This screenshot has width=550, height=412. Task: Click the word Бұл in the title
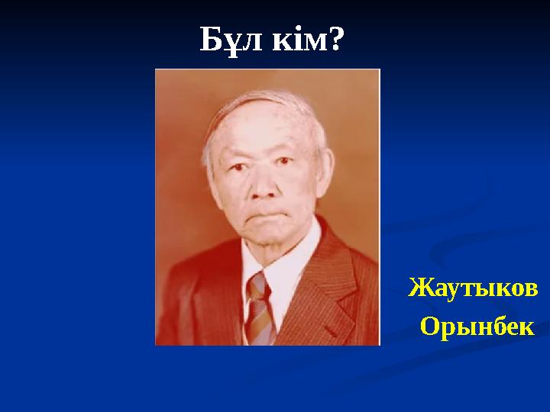230,39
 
